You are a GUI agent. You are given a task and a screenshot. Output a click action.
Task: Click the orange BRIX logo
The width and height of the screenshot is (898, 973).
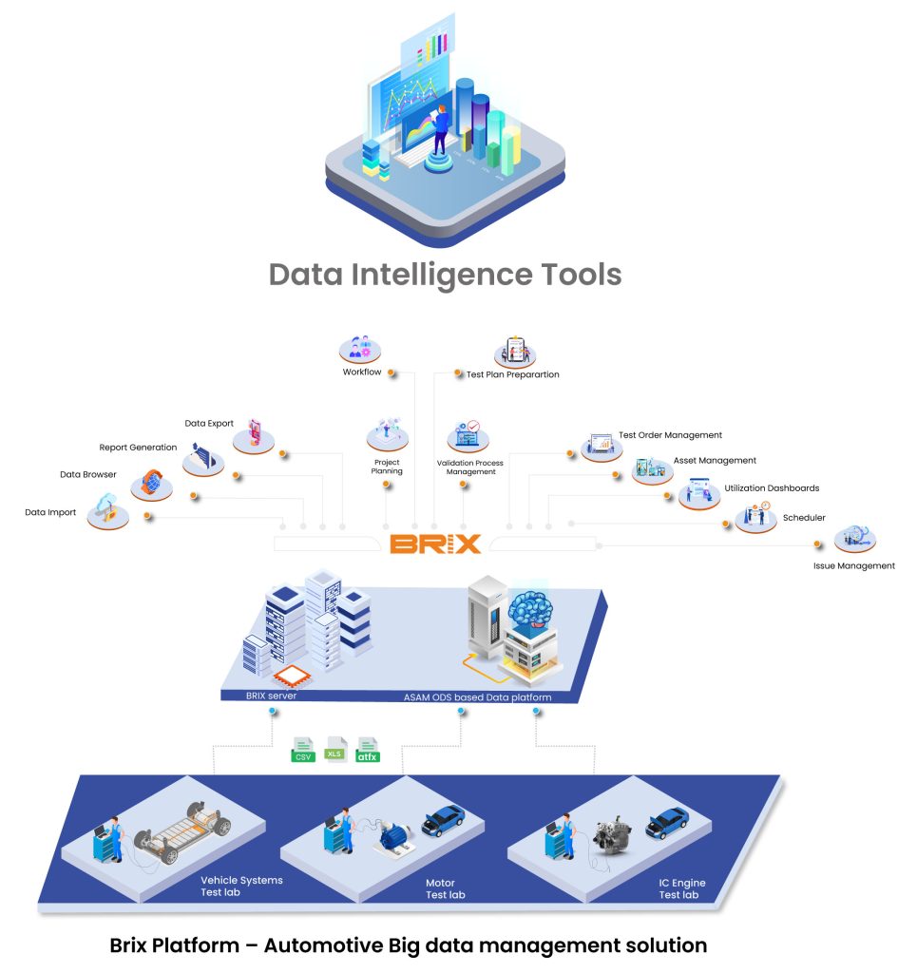[436, 544]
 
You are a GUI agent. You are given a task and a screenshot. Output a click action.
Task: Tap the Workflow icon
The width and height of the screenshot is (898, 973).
[360, 349]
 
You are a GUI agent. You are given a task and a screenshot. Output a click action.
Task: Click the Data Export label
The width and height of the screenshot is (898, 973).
[209, 424]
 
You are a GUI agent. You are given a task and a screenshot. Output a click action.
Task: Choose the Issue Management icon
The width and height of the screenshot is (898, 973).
[854, 538]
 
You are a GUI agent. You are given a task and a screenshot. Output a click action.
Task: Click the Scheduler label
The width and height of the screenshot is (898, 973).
[803, 518]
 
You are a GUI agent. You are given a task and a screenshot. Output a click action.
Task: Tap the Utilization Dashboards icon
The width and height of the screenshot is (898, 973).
[699, 492]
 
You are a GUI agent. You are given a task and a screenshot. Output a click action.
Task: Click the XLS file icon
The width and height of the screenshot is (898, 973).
[334, 748]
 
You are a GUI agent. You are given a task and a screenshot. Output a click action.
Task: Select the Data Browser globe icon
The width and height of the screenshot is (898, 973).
[151, 484]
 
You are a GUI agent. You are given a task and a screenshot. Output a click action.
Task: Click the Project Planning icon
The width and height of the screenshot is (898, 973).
[387, 435]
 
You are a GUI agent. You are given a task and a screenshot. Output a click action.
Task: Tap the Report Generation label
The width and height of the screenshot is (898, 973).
[138, 448]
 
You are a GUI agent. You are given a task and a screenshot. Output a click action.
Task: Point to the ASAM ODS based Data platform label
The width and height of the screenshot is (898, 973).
[472, 697]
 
